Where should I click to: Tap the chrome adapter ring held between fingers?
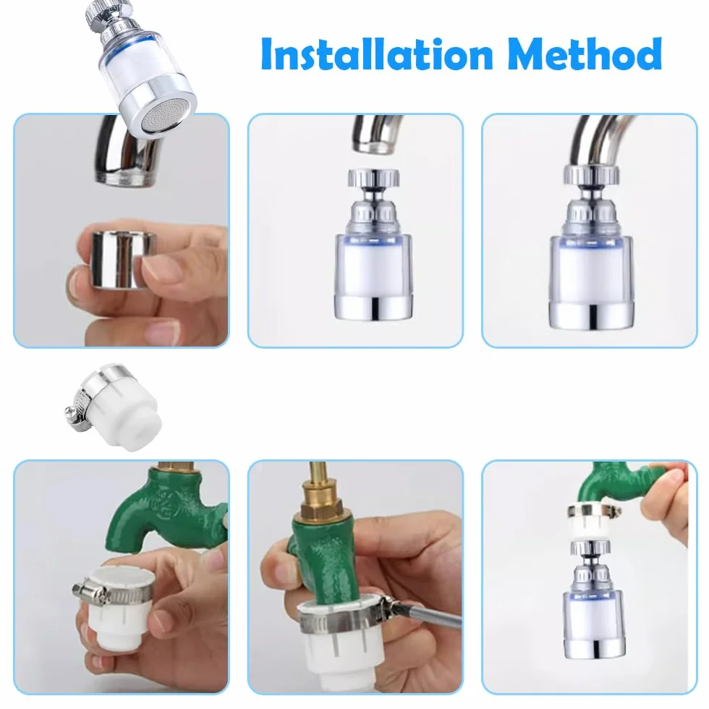(122, 260)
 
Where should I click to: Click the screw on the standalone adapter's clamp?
(71, 412)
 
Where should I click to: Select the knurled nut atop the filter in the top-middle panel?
(373, 178)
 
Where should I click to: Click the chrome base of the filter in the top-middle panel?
(374, 307)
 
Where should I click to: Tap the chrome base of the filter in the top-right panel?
(591, 313)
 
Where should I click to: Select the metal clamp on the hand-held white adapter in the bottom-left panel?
(113, 590)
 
